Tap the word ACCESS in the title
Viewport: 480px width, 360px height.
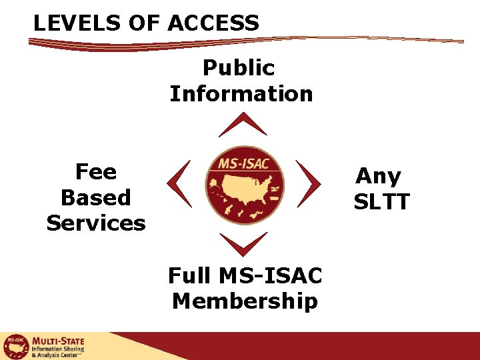click(x=213, y=23)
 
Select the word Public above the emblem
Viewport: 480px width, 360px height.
click(x=239, y=67)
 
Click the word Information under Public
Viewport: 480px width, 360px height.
click(x=241, y=93)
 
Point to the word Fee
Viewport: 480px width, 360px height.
click(x=96, y=172)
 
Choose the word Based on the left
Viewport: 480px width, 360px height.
click(x=96, y=197)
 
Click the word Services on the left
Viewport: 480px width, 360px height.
click(x=96, y=223)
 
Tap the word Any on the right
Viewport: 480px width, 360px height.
click(x=379, y=176)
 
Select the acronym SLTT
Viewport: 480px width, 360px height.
click(x=381, y=201)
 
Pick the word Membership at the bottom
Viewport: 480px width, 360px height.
click(x=245, y=301)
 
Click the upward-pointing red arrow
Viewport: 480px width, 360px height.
click(x=243, y=125)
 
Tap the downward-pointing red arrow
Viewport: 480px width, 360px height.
click(x=243, y=243)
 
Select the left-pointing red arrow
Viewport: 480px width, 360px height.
click(x=179, y=183)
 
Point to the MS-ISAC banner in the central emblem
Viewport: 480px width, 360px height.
click(x=243, y=163)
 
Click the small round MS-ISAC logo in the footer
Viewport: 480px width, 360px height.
click(x=15, y=347)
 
